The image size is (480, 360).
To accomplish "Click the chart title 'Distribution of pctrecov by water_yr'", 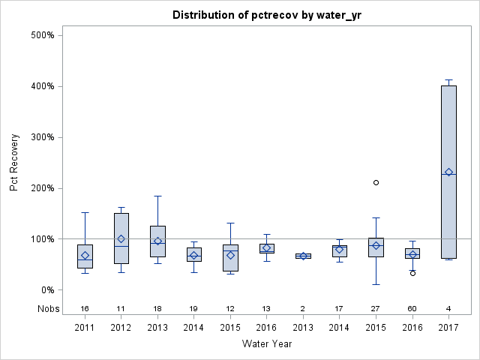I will [266, 15].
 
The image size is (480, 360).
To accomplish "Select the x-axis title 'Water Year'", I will [266, 343].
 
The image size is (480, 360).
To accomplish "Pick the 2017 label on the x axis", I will [448, 328].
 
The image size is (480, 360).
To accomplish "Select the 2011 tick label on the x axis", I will [85, 328].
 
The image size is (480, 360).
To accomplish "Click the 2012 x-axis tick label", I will [121, 328].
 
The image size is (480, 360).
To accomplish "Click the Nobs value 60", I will [412, 308].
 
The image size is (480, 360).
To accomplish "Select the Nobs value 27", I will [376, 308].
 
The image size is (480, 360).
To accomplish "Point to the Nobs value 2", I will [303, 308].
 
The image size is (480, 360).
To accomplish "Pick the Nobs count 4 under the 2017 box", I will [448, 308].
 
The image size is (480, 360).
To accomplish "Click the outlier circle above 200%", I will [376, 182].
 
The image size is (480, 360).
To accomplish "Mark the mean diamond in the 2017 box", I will [448, 172].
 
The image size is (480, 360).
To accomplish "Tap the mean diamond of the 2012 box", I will [121, 239].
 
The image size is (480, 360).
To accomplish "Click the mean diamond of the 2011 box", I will [85, 256].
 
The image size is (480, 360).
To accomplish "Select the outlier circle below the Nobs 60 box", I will [412, 273].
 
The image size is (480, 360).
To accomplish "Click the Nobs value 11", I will [121, 308].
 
